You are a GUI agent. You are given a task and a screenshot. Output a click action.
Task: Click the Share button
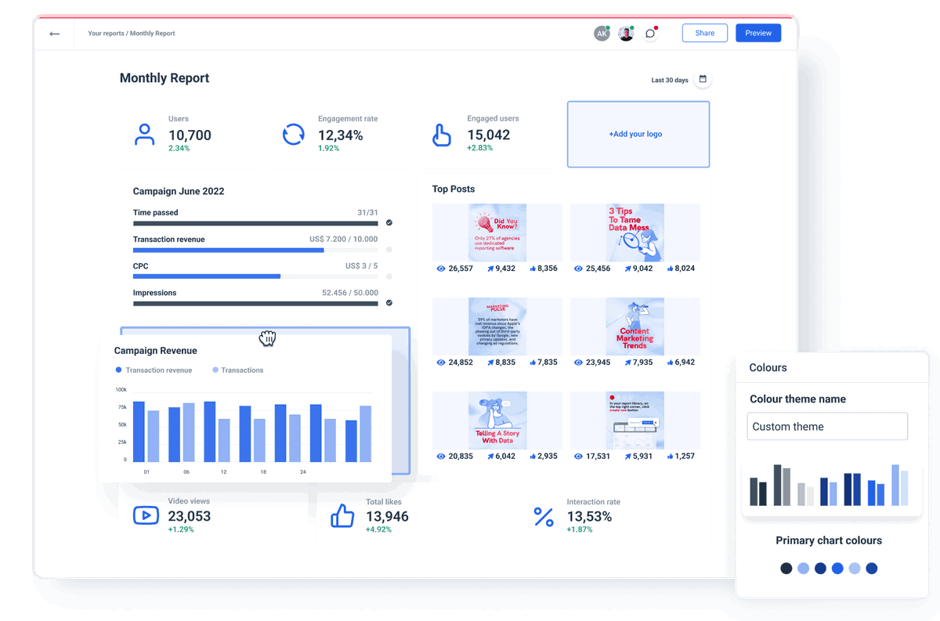[x=704, y=33]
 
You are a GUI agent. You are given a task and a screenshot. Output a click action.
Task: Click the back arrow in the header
[x=54, y=34]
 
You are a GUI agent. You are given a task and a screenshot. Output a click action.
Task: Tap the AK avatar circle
[x=601, y=34]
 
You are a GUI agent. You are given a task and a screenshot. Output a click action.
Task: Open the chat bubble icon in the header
[x=650, y=34]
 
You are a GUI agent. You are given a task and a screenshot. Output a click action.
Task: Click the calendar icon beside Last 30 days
[x=703, y=79]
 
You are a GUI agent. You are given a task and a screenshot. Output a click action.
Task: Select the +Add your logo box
[x=638, y=134]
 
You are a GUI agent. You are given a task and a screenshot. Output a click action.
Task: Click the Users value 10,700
[x=190, y=135]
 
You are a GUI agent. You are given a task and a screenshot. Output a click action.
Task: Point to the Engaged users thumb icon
[x=442, y=135]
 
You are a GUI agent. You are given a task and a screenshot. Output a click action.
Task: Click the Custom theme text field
[x=826, y=427]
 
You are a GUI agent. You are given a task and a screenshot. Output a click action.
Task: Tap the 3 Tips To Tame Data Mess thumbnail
[x=635, y=233]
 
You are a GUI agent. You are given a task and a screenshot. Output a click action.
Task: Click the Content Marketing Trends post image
[x=635, y=327]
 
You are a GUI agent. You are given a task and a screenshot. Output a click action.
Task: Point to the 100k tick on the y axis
[x=121, y=389]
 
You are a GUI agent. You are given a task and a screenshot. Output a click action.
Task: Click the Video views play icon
[x=146, y=515]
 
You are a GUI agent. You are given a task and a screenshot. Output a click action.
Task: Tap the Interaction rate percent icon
[x=543, y=516]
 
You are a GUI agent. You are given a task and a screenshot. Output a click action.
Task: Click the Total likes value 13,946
[x=387, y=516]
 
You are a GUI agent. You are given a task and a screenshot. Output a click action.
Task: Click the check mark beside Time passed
[x=389, y=223]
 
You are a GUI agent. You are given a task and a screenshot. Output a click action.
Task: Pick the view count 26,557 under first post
[x=461, y=269]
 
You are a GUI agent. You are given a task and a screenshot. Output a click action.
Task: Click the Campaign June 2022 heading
[x=179, y=191]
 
